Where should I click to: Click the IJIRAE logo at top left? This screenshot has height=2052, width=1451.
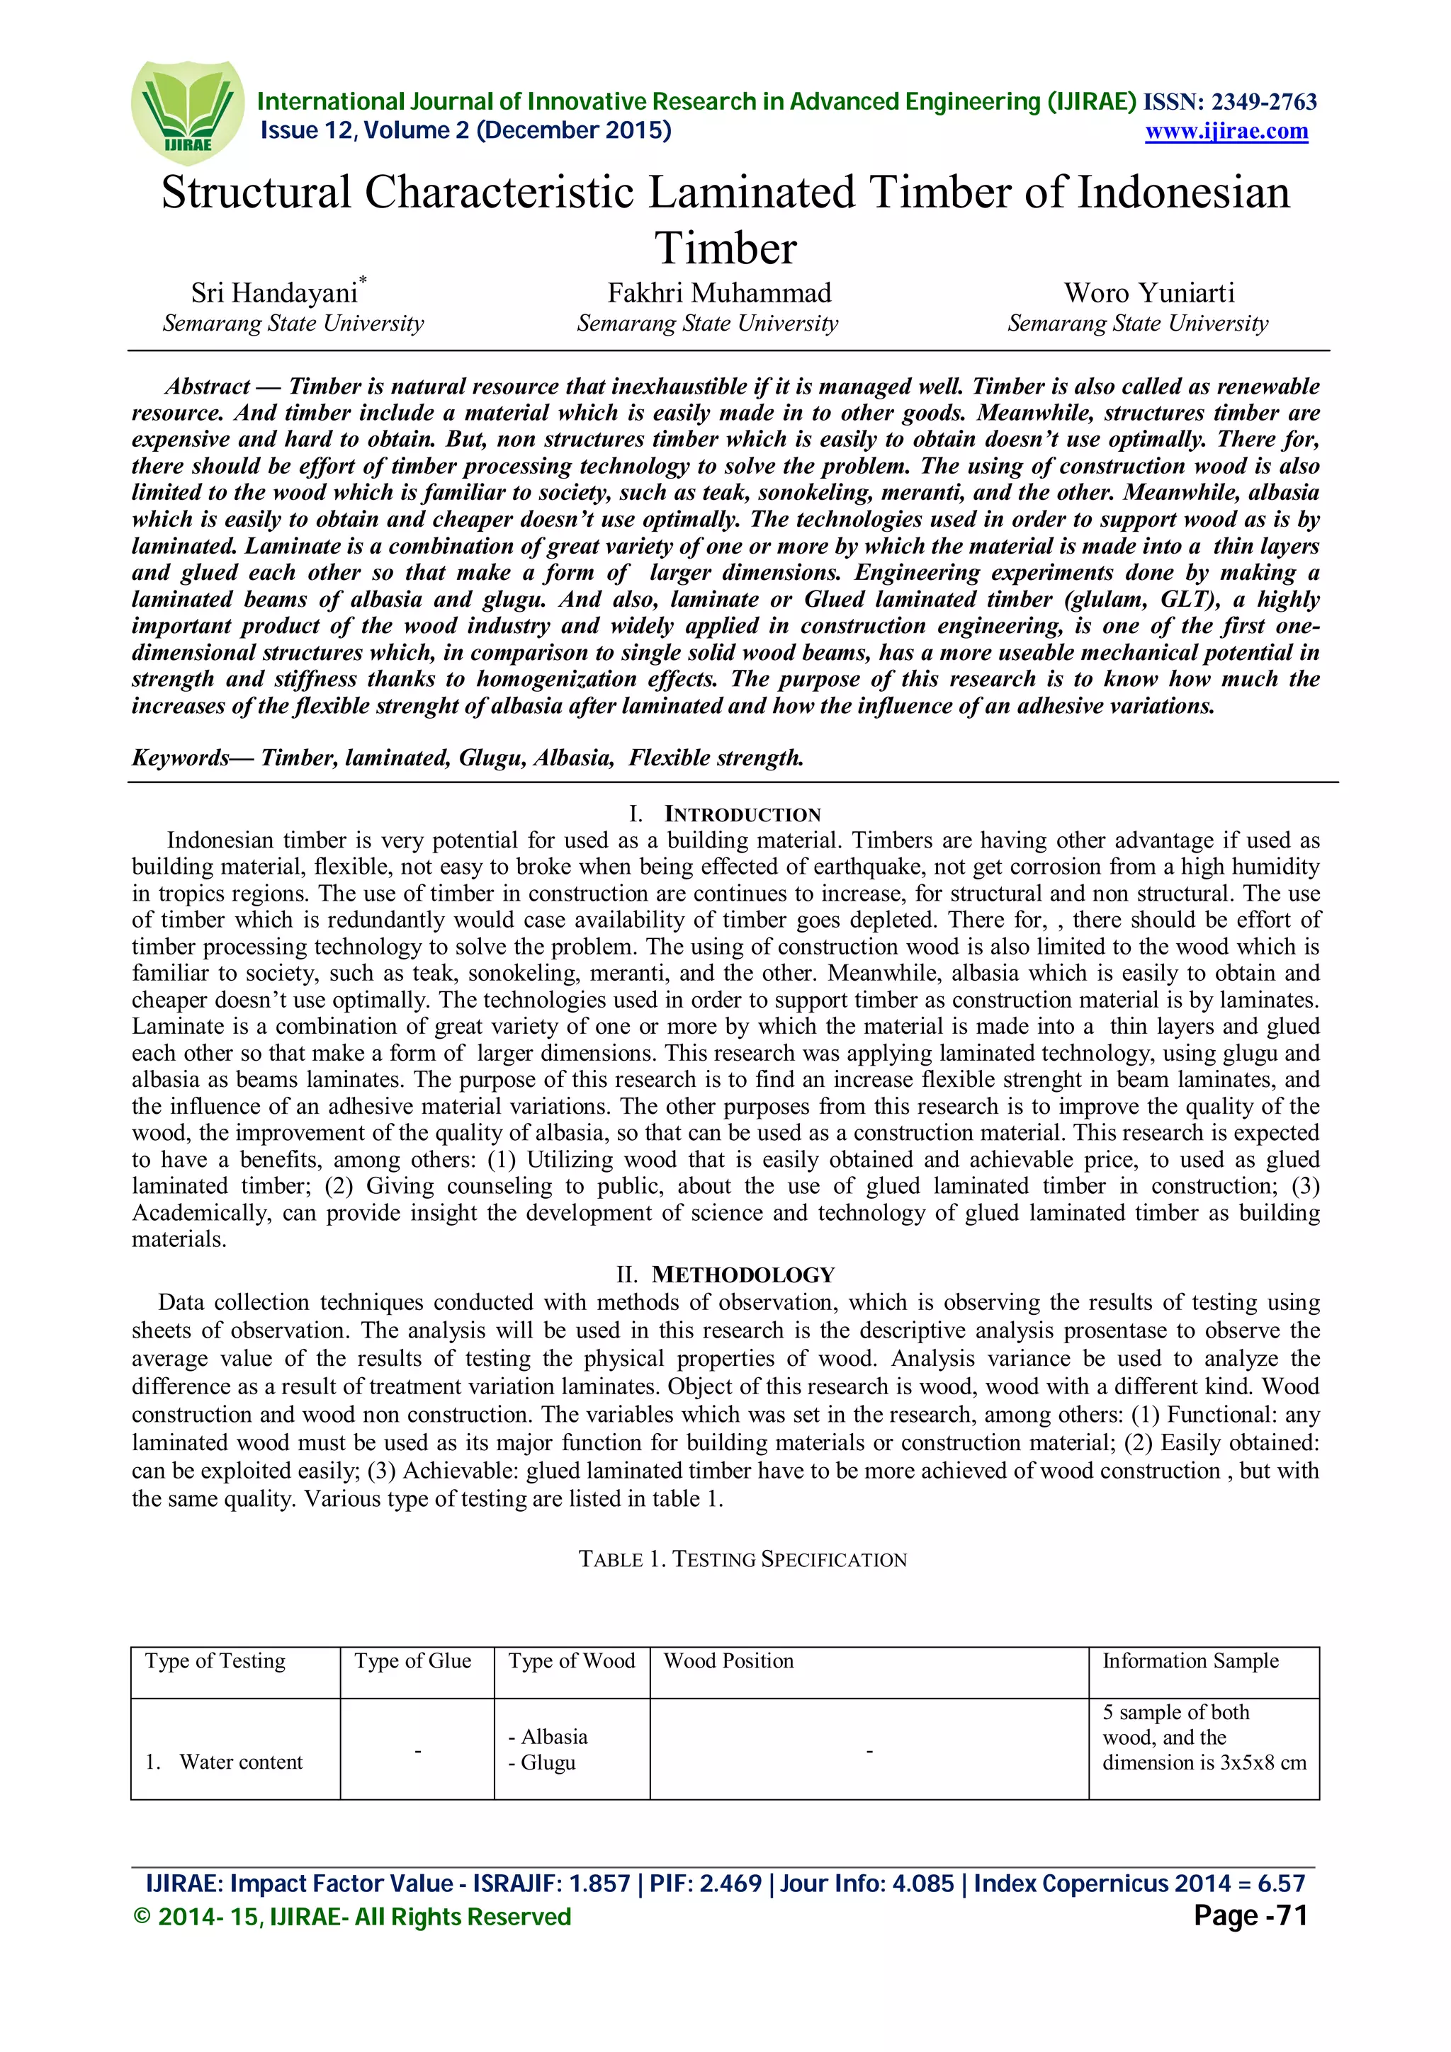coord(187,112)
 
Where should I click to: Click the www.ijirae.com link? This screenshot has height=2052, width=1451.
coord(1226,132)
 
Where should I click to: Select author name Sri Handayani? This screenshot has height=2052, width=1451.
coord(273,293)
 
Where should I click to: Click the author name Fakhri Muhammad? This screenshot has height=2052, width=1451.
coord(719,293)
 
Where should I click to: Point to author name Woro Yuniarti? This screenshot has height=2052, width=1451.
coord(1148,293)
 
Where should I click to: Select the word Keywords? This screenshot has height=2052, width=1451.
coord(180,758)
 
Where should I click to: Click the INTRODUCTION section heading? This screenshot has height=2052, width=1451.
coord(741,814)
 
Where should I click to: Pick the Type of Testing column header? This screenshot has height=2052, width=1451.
coord(215,1660)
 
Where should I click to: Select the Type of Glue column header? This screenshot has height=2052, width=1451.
coord(412,1660)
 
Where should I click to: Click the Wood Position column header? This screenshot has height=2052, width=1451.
coord(728,1660)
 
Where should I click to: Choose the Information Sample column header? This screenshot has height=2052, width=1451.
coord(1190,1660)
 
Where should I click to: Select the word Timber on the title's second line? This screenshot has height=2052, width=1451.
coord(725,249)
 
